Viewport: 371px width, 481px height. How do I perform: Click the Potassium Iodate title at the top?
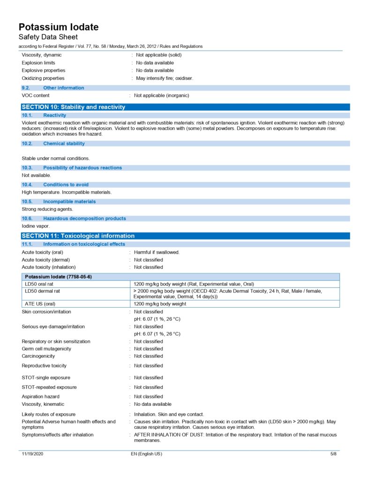pos(59,27)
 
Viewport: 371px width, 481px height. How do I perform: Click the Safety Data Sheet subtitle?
pos(48,37)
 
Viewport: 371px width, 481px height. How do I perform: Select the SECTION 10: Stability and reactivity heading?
pos(73,107)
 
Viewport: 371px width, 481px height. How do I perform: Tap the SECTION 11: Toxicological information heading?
pos(78,236)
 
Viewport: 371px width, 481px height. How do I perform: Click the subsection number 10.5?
pos(27,202)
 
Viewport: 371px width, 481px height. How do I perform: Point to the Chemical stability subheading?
pos(64,144)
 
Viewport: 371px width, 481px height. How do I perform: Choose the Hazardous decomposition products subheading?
pos(84,218)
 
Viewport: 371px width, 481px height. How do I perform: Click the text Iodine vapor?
pos(36,226)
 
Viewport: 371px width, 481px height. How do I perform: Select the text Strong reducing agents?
pos(47,209)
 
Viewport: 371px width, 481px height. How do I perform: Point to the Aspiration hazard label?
pos(40,396)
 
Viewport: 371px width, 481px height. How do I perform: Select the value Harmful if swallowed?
pos(157,252)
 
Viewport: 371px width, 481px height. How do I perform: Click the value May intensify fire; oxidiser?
pos(164,78)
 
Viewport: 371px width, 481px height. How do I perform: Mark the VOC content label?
pos(36,95)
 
